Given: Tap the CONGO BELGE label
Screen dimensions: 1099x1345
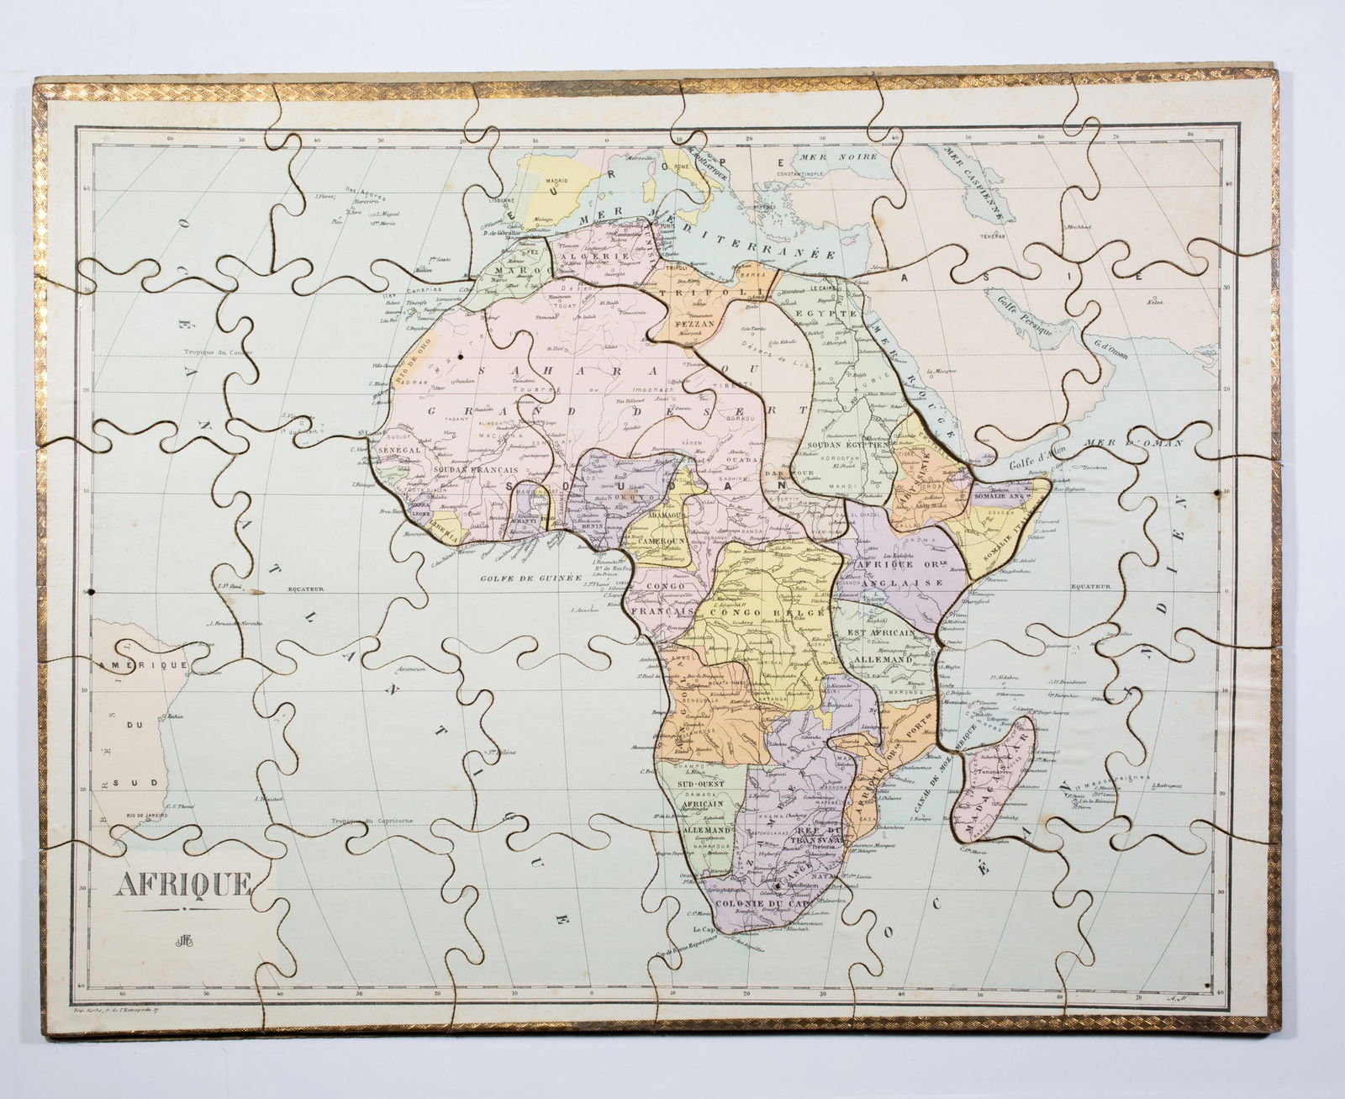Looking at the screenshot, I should (x=764, y=613).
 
